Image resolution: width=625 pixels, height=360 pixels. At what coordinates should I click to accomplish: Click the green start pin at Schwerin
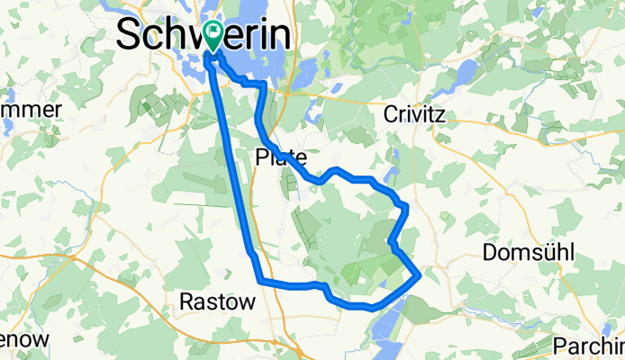(x=213, y=34)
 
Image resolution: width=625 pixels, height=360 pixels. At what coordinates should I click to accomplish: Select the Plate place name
(x=281, y=156)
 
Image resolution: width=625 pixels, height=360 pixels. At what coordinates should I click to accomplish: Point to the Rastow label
(x=217, y=301)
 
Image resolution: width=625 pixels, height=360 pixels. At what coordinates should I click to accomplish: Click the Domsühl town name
(x=528, y=253)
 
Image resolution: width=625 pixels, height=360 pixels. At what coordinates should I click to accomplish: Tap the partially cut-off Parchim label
(x=595, y=345)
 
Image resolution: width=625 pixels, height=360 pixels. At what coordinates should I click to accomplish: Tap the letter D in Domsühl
(x=490, y=253)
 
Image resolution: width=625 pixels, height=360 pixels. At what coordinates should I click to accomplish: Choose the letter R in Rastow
(x=187, y=301)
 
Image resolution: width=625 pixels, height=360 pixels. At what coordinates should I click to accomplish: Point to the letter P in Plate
(x=262, y=156)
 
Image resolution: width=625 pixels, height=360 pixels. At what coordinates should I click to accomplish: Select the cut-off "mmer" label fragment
(x=31, y=110)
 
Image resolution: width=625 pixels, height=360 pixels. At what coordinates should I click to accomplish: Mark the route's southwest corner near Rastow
(x=261, y=283)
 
